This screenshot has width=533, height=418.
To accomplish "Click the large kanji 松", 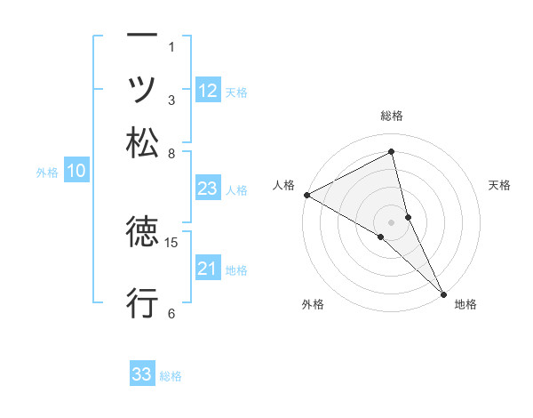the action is (142, 142).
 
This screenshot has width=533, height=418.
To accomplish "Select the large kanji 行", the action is (142, 302).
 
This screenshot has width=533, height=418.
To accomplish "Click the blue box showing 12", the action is (208, 90).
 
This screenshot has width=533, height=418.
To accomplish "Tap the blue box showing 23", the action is (207, 189).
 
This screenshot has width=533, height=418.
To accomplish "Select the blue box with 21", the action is (207, 269).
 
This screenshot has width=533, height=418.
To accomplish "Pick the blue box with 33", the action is (141, 374).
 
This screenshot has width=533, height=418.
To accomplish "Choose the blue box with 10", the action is (76, 172).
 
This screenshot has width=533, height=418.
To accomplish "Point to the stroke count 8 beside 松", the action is (171, 154).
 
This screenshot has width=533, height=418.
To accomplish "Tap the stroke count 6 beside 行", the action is (171, 313).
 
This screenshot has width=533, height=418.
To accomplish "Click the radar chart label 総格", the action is (392, 116).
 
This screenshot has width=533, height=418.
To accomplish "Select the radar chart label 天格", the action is (499, 185).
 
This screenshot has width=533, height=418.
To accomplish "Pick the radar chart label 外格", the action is (313, 305).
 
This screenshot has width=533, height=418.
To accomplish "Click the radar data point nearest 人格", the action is (306, 195).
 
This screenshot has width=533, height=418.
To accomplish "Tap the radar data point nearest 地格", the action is (443, 293).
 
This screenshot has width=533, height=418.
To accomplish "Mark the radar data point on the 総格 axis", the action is (392, 152).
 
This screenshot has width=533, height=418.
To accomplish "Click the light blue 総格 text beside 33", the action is (171, 376).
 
